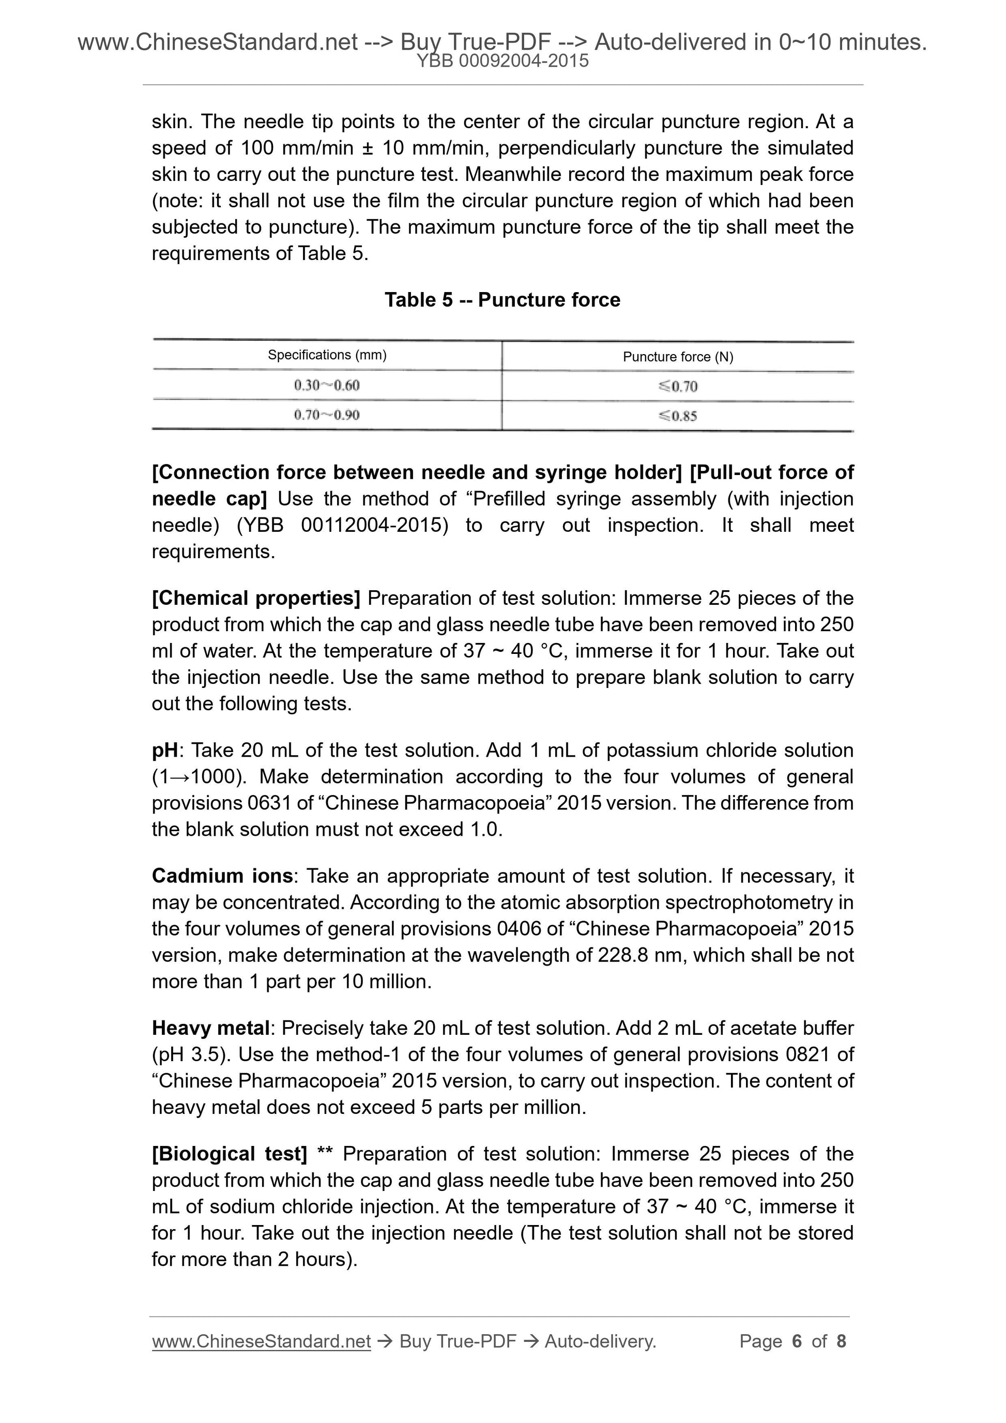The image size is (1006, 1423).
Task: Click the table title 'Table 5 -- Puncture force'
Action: tap(502, 300)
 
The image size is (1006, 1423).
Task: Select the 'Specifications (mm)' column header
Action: tap(327, 355)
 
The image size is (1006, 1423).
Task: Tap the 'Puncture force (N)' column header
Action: tap(678, 357)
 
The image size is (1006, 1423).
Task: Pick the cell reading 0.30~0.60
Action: tap(327, 386)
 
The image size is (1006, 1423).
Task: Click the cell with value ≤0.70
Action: tap(678, 387)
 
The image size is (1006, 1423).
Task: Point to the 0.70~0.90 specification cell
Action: tap(327, 415)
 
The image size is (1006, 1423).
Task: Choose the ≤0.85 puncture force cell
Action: tap(678, 416)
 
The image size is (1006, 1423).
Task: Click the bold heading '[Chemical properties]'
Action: tap(256, 598)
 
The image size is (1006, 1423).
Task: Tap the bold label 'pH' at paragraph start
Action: tap(164, 751)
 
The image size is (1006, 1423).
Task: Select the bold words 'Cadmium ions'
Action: tap(222, 876)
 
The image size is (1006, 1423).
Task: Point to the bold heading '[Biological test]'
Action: tap(230, 1154)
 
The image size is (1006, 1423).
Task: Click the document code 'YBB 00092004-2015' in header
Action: tap(502, 61)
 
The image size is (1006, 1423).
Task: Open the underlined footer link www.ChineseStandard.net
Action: tap(261, 1342)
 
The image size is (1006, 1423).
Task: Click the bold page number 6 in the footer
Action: tap(797, 1342)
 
